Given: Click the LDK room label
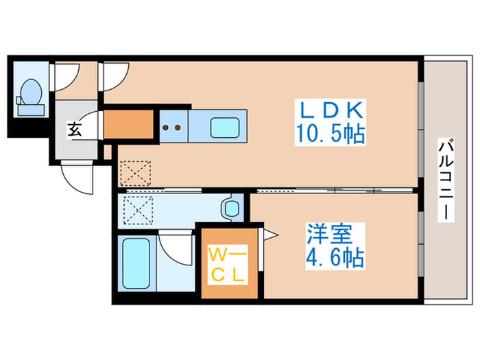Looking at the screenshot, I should (x=331, y=110).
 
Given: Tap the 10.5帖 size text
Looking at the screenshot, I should (x=331, y=132).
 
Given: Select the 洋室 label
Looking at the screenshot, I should (x=330, y=235).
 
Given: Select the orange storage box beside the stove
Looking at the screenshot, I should (x=128, y=124).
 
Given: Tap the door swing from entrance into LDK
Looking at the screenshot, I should (x=115, y=79).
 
